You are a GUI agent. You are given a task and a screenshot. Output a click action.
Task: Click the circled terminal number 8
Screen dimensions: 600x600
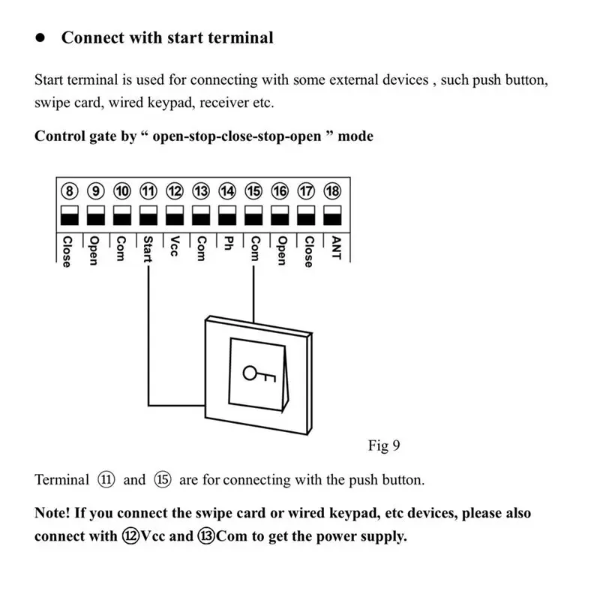click(x=69, y=191)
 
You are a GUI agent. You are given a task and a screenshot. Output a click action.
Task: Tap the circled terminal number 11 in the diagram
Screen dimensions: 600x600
click(x=148, y=191)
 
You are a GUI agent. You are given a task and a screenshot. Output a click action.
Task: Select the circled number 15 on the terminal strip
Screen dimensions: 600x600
click(x=253, y=191)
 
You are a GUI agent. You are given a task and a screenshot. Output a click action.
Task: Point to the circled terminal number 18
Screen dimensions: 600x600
click(x=332, y=191)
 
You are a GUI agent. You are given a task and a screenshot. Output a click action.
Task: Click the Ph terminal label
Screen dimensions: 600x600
click(x=226, y=244)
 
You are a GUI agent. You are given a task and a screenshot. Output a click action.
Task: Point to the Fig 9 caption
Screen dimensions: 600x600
click(x=384, y=446)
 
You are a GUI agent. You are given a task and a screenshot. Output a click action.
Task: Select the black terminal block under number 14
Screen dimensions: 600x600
click(x=227, y=219)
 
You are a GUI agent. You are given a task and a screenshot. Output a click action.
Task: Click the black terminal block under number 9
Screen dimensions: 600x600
click(x=95, y=219)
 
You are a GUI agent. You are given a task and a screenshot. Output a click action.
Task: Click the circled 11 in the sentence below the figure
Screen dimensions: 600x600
click(x=105, y=480)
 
